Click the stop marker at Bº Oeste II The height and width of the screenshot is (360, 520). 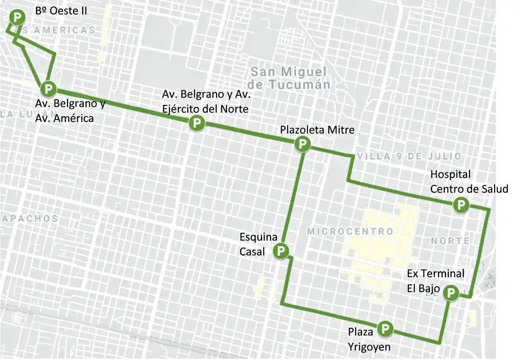click(17, 18)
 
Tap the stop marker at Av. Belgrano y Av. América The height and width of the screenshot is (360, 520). click(48, 88)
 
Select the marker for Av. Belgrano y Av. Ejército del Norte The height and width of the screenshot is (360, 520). click(197, 123)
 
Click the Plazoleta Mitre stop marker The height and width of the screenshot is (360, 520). click(302, 144)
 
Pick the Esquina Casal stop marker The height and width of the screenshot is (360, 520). click(281, 250)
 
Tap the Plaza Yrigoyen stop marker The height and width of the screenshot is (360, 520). click(385, 328)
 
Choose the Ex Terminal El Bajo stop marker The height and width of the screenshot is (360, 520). click(451, 293)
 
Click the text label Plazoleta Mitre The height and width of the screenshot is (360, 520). click(317, 130)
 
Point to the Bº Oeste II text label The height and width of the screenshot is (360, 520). click(61, 10)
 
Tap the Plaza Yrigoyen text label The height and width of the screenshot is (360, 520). click(369, 339)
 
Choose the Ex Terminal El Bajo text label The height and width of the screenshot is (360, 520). click(435, 280)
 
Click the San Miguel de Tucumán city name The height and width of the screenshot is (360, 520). click(291, 78)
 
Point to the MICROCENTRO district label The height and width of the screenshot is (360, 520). click(350, 231)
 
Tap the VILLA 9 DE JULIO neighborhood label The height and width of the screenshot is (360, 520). click(409, 156)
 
